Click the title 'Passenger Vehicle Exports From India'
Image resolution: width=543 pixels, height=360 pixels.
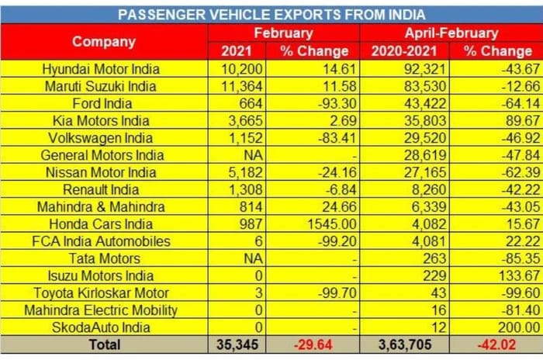point(271,14)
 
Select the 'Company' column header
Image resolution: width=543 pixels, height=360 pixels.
point(104,42)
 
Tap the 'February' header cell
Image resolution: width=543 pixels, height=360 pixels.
point(283,33)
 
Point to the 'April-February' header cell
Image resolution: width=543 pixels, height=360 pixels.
point(451,33)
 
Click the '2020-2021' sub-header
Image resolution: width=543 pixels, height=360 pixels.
point(403,51)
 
